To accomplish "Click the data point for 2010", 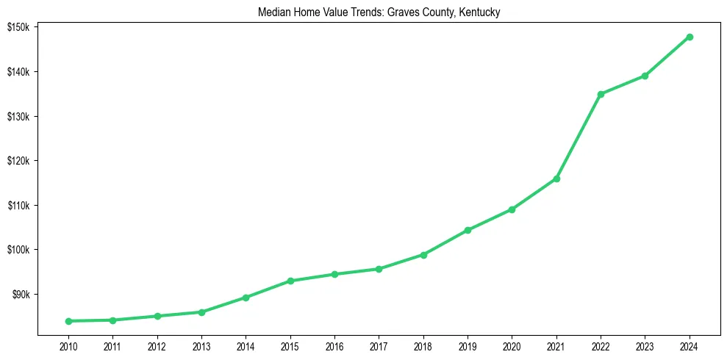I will (x=68, y=321).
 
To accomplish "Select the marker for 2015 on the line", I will (x=290, y=281).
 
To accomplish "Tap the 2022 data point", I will (x=601, y=94).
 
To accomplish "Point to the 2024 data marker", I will (x=690, y=37).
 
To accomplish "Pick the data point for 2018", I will (x=423, y=255).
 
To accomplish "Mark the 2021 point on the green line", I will (x=556, y=179).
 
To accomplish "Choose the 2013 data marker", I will (x=201, y=312).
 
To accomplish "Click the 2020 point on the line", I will (x=512, y=209).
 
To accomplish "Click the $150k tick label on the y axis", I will (x=18, y=27).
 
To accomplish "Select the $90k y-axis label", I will (x=21, y=295).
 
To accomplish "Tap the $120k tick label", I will (x=18, y=161).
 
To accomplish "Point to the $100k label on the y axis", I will (x=18, y=250).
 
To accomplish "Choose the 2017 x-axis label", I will (x=379, y=347).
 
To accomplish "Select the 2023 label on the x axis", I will (x=645, y=347).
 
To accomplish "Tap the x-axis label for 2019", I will (x=468, y=347).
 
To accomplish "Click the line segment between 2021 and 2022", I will (x=579, y=137).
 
